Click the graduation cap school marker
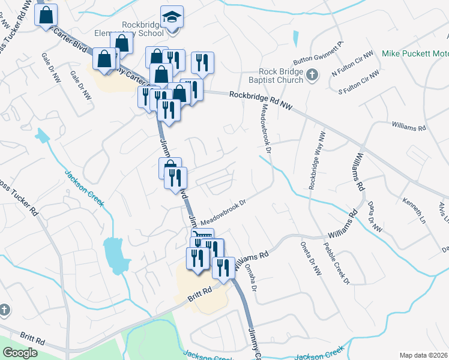[172, 17]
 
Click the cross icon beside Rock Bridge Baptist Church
[311, 75]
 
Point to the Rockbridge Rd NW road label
[261, 100]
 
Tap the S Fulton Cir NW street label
[359, 83]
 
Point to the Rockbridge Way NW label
[317, 160]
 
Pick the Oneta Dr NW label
[311, 256]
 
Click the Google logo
[20, 353]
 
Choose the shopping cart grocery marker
[202, 236]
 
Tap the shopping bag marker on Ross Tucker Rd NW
[47, 14]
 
